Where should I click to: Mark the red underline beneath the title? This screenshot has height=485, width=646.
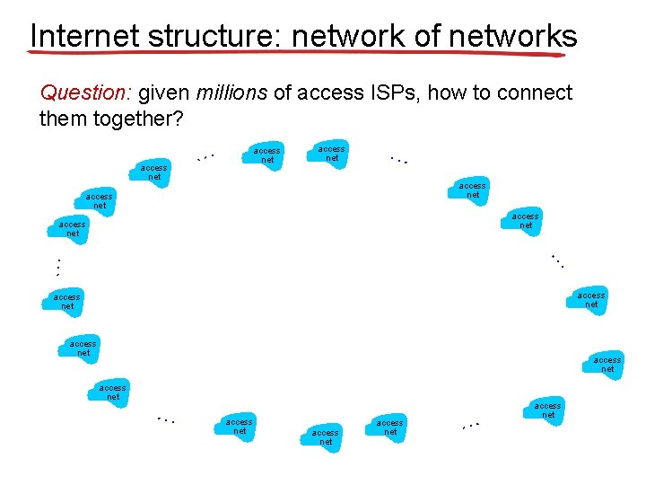coord(296,53)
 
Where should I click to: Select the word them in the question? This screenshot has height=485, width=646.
coord(61,119)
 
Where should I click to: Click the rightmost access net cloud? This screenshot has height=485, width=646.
coord(607,364)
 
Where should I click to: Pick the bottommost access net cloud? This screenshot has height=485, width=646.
coord(325,437)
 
